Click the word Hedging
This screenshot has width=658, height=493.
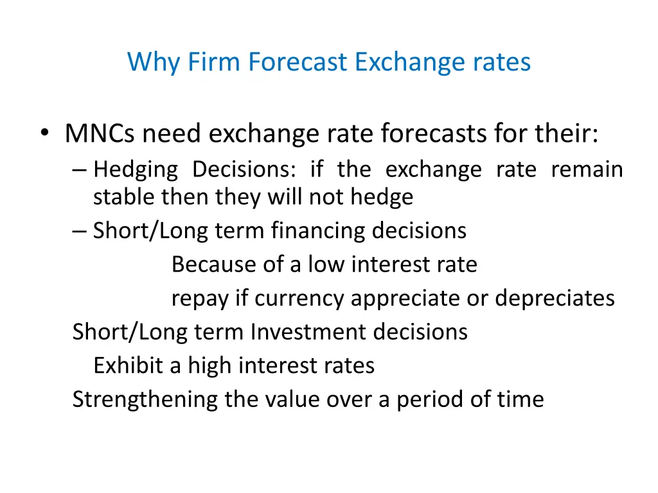[x=136, y=170]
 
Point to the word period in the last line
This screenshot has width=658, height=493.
[x=425, y=400]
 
